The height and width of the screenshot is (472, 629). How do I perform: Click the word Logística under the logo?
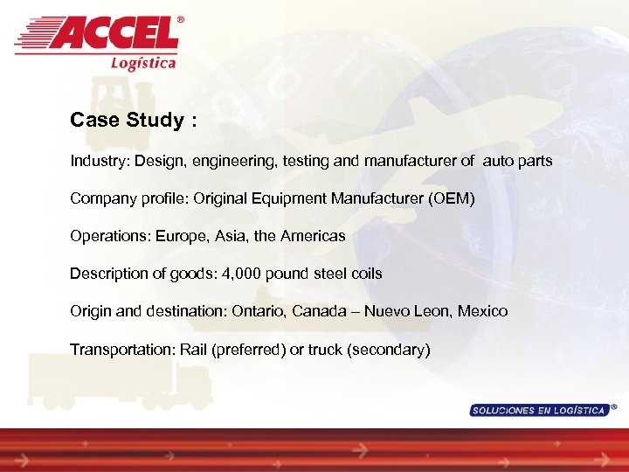click(143, 62)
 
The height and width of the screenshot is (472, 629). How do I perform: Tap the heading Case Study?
click(127, 120)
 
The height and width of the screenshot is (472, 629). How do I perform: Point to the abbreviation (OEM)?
click(452, 199)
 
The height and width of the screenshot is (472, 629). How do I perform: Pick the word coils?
click(365, 274)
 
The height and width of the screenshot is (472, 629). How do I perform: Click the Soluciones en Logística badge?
click(538, 410)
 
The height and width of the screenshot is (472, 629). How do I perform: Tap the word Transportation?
click(121, 350)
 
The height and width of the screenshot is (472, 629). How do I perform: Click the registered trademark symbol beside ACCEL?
click(181, 19)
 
